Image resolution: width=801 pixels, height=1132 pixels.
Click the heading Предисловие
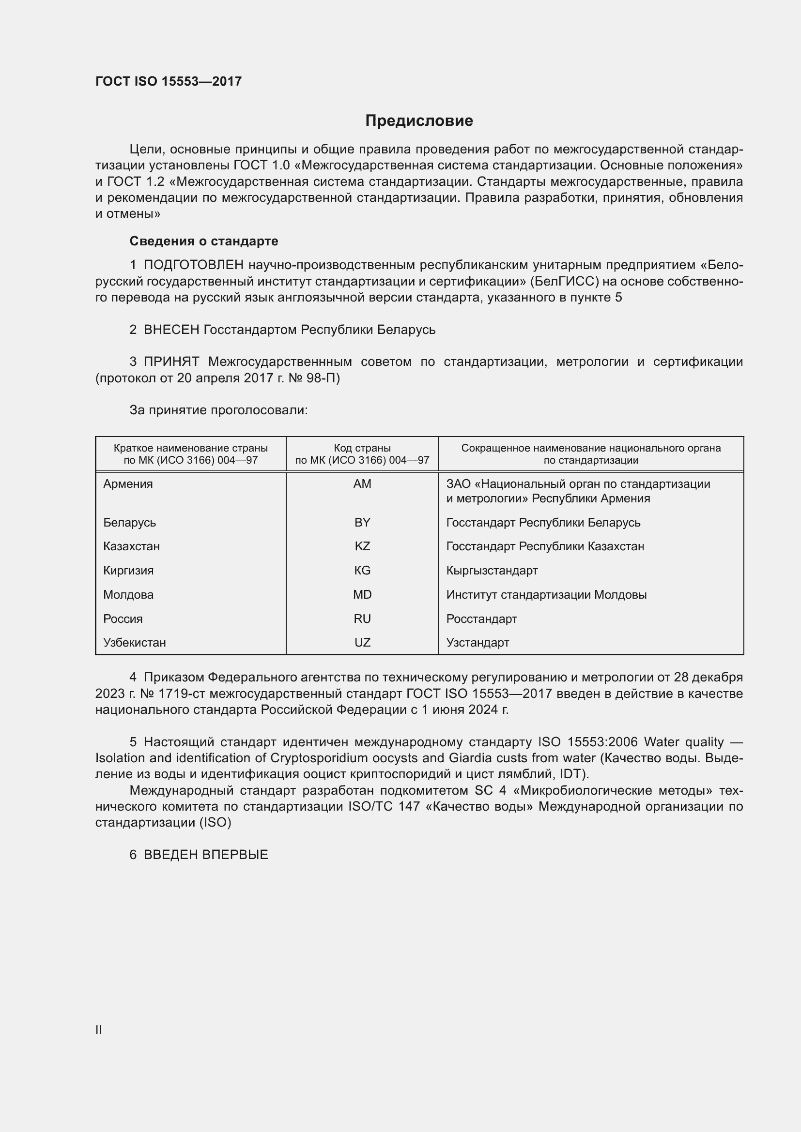point(419,121)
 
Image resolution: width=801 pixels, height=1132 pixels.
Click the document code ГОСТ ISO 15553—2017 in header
point(168,81)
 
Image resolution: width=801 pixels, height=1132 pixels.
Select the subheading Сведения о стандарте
point(204,241)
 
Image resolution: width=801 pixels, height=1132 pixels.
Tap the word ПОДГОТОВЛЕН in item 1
point(193,265)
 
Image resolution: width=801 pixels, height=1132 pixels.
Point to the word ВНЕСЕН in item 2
point(171,330)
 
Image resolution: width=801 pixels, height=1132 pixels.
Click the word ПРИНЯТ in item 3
point(171,362)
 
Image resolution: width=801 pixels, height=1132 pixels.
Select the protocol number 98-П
point(323,378)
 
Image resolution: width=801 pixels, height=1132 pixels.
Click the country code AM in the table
point(362,483)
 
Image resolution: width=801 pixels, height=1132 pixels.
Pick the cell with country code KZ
point(362,546)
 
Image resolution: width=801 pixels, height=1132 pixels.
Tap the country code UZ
point(362,642)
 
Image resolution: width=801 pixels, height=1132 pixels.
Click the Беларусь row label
point(130,522)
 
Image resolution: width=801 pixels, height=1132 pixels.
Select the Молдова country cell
point(128,595)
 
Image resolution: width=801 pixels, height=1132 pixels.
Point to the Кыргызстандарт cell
point(492,571)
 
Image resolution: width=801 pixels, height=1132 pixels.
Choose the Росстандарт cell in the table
point(481,619)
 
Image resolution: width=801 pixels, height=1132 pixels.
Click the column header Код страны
point(362,448)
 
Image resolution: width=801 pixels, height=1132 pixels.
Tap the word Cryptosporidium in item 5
point(325,758)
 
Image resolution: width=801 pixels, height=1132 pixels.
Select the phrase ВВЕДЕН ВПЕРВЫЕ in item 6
point(206,855)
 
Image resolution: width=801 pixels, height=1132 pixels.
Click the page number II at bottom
point(99,1029)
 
